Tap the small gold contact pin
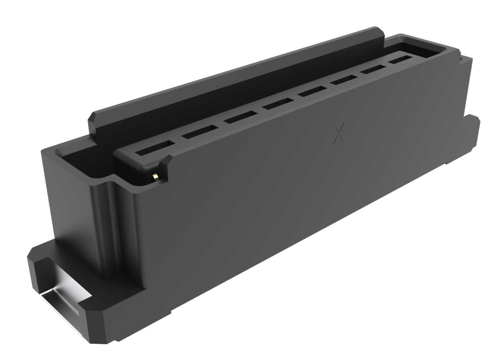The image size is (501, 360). tap(155, 177)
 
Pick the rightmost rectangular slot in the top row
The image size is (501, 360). tap(400, 60)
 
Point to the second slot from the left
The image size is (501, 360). tap(200, 132)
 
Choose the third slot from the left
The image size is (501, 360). tap(240, 117)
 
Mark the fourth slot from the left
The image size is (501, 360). tap(278, 103)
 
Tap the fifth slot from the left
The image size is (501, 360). tap(312, 91)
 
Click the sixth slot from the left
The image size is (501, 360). tap(344, 80)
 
